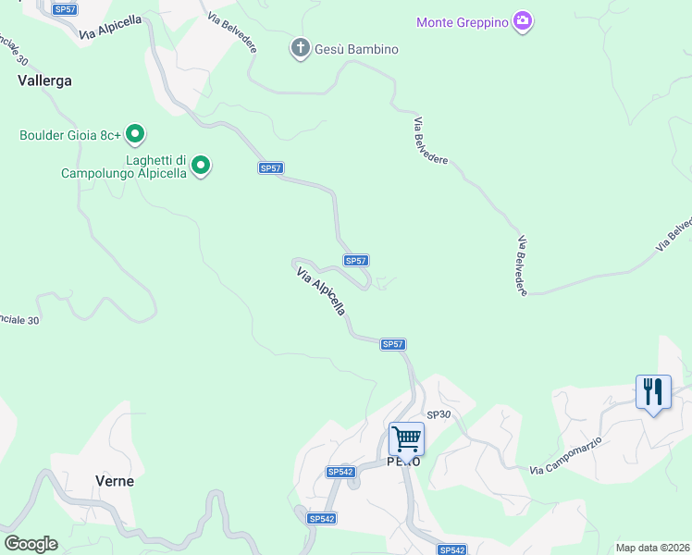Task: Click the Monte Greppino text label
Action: point(463,22)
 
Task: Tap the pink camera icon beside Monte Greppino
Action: point(524,21)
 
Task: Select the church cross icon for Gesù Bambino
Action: point(300,49)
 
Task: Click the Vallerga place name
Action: point(44,80)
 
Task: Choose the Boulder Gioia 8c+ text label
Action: point(70,135)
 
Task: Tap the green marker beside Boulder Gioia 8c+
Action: point(135,135)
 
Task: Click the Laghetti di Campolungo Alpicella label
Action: point(124,166)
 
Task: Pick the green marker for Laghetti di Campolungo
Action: point(202,166)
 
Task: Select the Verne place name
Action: point(115,481)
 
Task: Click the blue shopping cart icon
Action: point(406,438)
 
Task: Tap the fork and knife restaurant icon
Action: point(653,391)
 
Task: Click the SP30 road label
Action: point(438,414)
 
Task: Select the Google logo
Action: point(31,544)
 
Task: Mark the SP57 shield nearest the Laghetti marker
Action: point(270,167)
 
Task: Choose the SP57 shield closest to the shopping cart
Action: point(393,344)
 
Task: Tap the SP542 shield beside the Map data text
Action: point(451,549)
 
